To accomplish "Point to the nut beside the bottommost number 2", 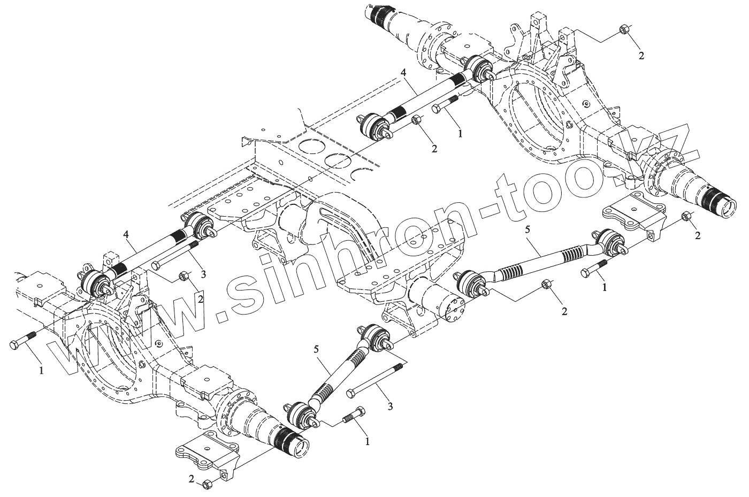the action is pyautogui.click(x=208, y=484).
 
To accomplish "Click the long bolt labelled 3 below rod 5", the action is pyautogui.click(x=374, y=380).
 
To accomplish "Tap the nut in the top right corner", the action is pyautogui.click(x=623, y=29).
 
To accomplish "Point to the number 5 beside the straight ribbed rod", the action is pyautogui.click(x=316, y=349).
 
